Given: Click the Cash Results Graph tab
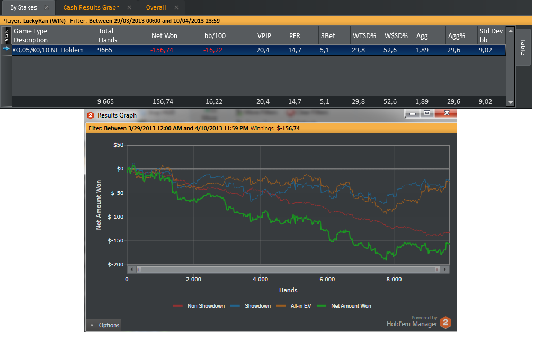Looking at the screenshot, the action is click(x=91, y=7).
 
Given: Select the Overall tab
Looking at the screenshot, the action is click(x=156, y=7).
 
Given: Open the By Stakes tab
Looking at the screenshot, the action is click(x=23, y=7).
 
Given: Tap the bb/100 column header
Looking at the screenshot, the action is click(x=215, y=35).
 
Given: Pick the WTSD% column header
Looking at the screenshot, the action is click(x=364, y=35).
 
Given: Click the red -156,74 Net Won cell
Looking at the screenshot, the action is click(x=162, y=50).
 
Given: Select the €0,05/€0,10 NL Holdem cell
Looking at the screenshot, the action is click(x=48, y=50).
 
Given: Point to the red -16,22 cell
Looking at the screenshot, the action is click(x=212, y=50).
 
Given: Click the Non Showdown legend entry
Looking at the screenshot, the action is click(x=199, y=305).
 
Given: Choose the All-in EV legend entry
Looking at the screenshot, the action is click(x=294, y=305).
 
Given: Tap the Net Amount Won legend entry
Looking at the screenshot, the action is click(x=344, y=305).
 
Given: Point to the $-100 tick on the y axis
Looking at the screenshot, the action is click(x=115, y=217).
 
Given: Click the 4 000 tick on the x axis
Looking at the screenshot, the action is click(x=260, y=279).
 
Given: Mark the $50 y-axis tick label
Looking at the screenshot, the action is click(x=119, y=145).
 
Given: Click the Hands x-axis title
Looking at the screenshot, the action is click(x=288, y=290).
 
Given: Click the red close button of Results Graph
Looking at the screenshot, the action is click(x=446, y=113).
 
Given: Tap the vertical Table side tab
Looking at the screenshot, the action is click(x=523, y=47).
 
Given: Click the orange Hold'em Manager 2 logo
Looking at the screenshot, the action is click(x=445, y=322).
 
